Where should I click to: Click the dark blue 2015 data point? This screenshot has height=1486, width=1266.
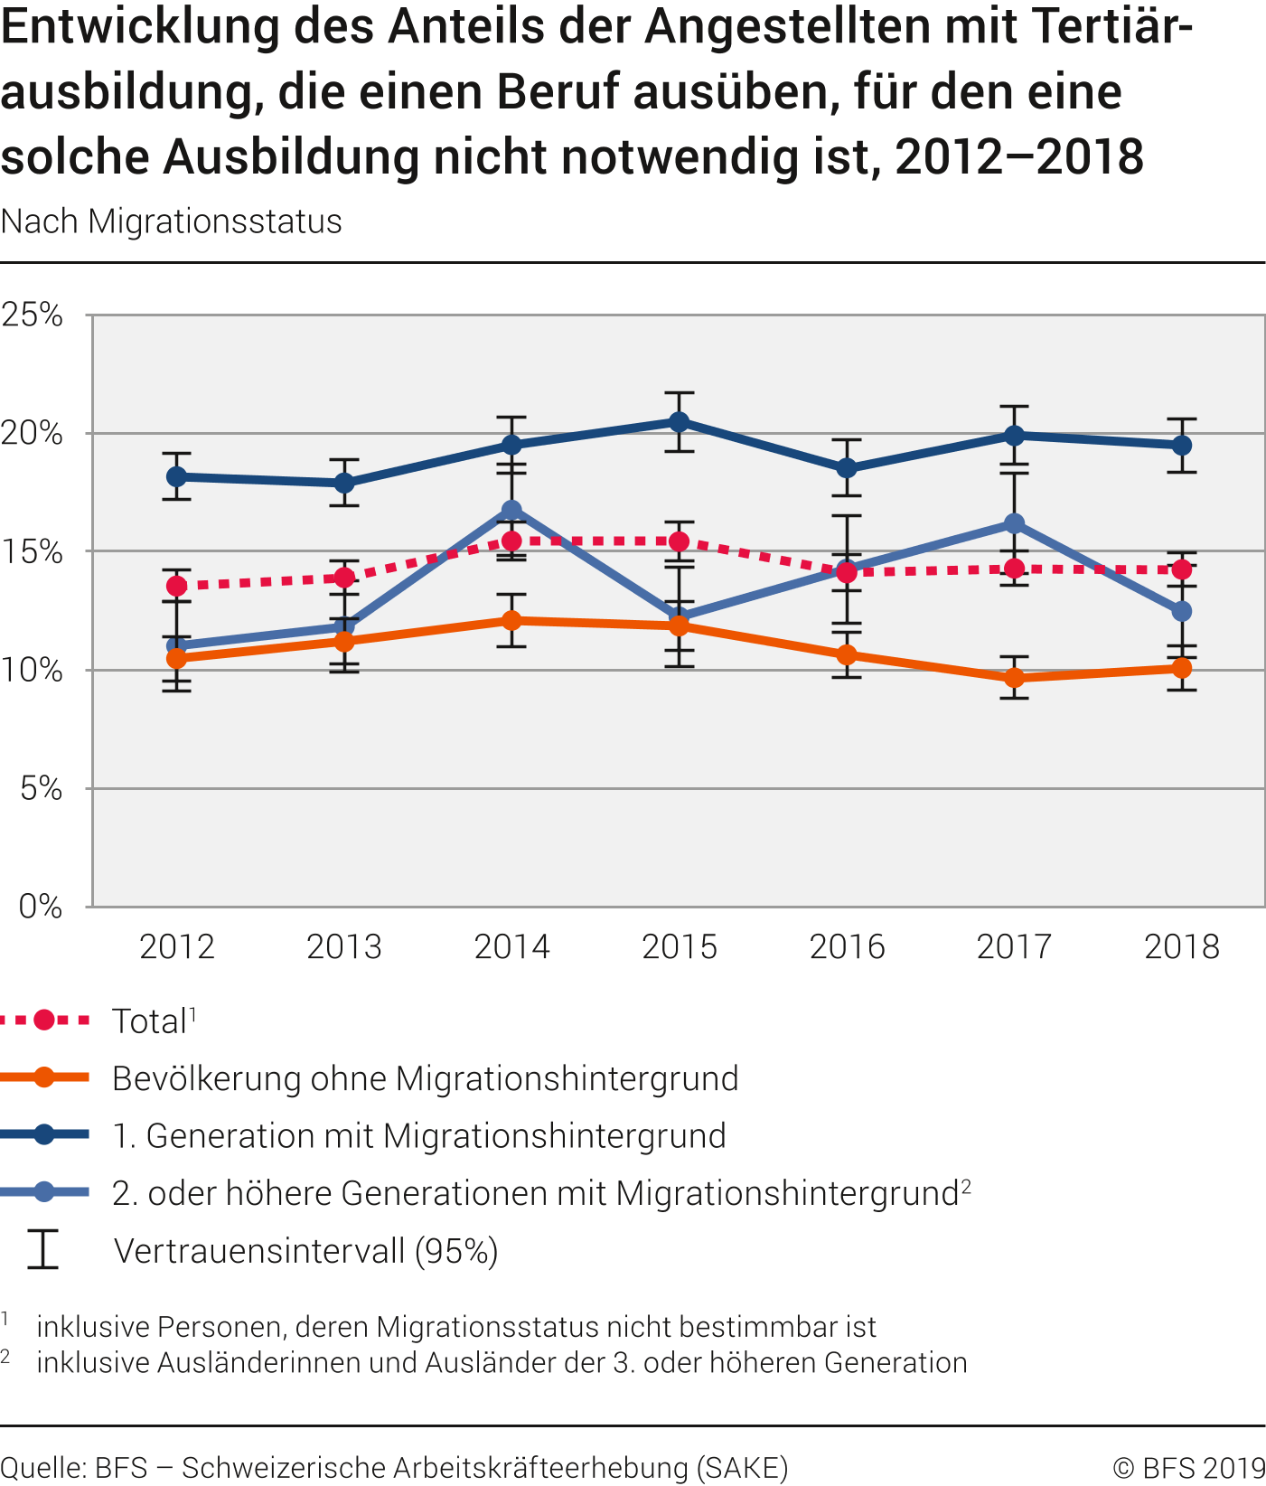(x=680, y=422)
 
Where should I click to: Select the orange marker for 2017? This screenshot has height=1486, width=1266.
(x=1015, y=678)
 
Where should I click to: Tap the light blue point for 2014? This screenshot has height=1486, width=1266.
(x=512, y=511)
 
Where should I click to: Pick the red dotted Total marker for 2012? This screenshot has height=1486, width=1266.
(x=177, y=586)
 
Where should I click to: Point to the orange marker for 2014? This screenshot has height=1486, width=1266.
(x=512, y=621)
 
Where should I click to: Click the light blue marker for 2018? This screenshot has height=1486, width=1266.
(x=1182, y=612)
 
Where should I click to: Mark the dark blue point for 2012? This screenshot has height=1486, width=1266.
(x=177, y=476)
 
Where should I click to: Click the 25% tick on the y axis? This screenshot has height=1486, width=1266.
(x=33, y=315)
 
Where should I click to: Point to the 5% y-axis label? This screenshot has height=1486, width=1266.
(x=41, y=789)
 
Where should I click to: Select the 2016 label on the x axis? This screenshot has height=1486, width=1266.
(x=847, y=946)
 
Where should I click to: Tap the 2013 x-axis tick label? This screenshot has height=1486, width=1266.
(x=344, y=946)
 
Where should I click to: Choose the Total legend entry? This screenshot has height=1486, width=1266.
(x=149, y=1021)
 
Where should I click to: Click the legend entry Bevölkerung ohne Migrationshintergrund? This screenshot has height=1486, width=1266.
(x=425, y=1078)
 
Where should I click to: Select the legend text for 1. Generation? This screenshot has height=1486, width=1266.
(x=419, y=1136)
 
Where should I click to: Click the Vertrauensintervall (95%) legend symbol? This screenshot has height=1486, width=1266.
(x=42, y=1250)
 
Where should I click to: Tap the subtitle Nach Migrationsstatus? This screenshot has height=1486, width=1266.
(x=172, y=221)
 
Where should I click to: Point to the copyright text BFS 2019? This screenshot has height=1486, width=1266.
(x=1189, y=1468)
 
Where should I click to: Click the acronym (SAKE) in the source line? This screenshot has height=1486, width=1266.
(x=742, y=1468)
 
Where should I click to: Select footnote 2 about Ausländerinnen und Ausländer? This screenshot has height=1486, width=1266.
(x=502, y=1362)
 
